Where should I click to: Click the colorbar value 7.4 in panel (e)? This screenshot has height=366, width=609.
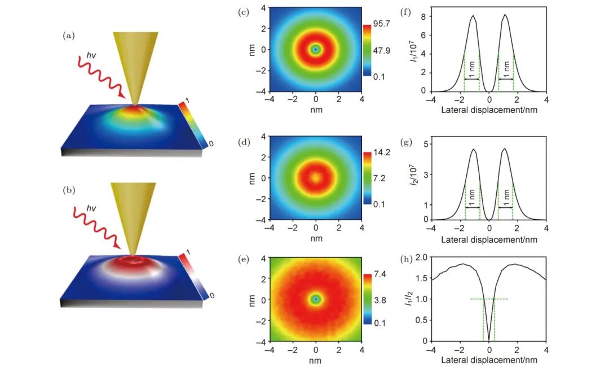pos(379,275)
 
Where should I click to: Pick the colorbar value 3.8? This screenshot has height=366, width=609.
pos(379,301)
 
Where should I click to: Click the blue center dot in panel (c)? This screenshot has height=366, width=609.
pos(316,50)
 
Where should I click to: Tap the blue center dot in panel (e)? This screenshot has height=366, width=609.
pos(316,299)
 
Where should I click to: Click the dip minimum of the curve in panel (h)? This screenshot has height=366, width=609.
pos(488,339)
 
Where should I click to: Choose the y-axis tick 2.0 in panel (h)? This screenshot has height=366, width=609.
pos(420,257)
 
